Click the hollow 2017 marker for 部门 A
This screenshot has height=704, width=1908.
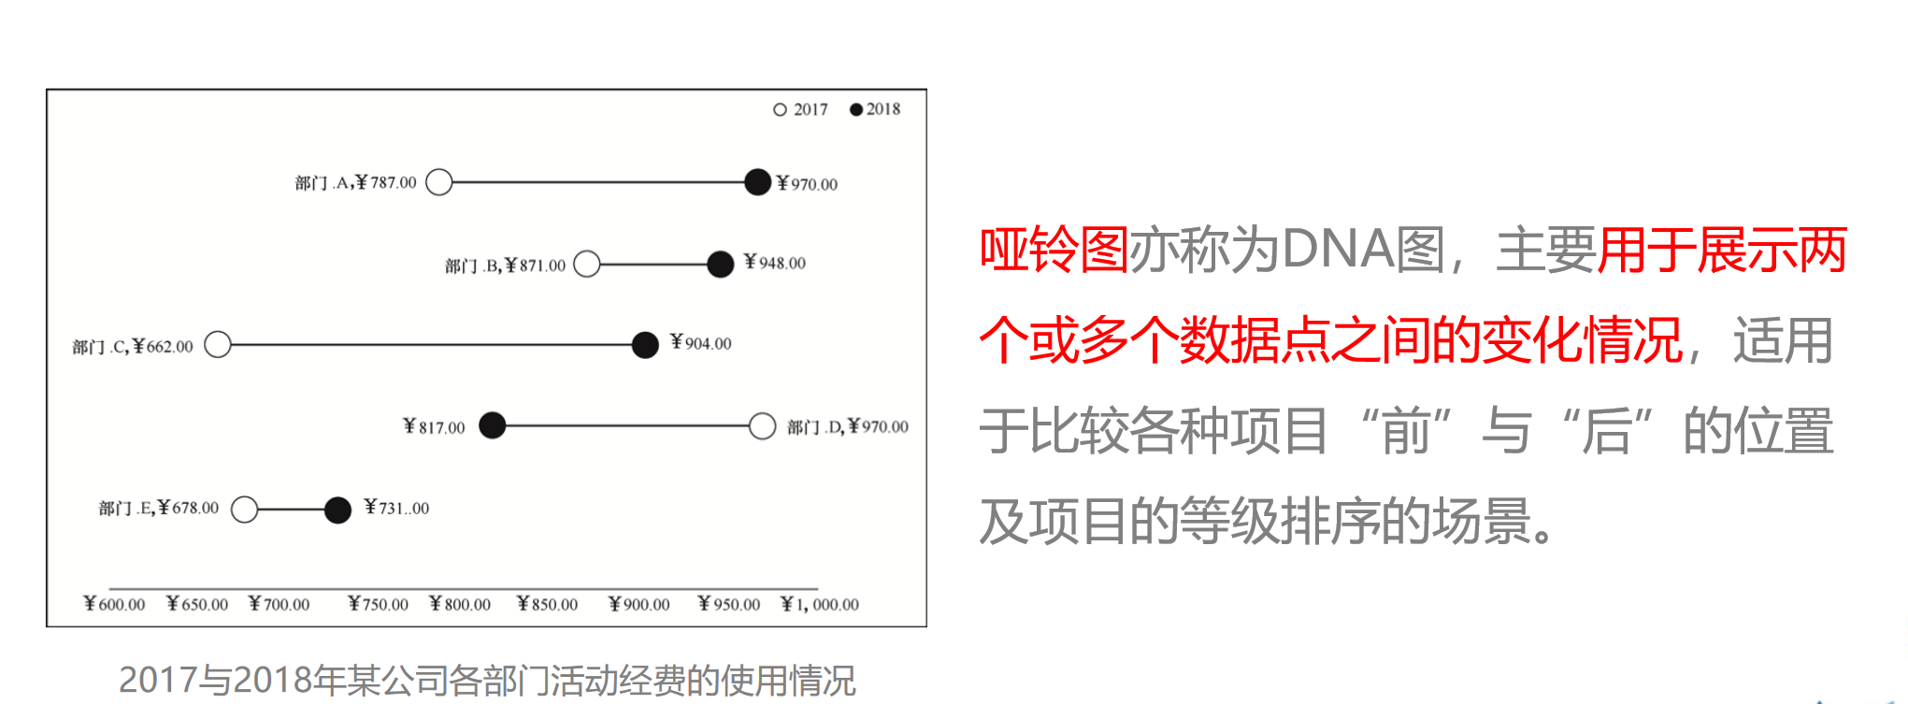tap(439, 182)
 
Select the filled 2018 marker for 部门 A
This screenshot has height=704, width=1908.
tap(757, 182)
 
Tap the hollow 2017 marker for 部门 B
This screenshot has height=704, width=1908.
tap(587, 265)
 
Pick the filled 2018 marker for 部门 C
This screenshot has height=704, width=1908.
tap(645, 345)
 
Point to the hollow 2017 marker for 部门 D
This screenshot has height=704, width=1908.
tap(762, 426)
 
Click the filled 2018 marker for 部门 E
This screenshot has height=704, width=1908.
tap(337, 510)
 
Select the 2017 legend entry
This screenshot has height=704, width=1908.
tap(800, 109)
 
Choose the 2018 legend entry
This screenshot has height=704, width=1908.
tap(875, 109)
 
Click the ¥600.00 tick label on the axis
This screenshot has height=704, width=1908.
tap(114, 604)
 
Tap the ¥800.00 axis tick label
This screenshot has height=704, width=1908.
tap(460, 604)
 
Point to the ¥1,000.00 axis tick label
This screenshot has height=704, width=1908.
tap(820, 604)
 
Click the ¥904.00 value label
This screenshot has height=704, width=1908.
tap(701, 343)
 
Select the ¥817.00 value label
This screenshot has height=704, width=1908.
tap(434, 427)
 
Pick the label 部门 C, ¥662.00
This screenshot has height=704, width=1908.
tap(133, 347)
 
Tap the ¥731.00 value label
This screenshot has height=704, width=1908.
tap(396, 508)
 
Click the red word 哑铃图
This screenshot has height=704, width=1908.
tap(1054, 251)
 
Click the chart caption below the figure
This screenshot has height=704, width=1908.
tap(486, 680)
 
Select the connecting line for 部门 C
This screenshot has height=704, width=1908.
tap(430, 345)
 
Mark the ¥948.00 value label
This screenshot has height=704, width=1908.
tap(774, 263)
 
